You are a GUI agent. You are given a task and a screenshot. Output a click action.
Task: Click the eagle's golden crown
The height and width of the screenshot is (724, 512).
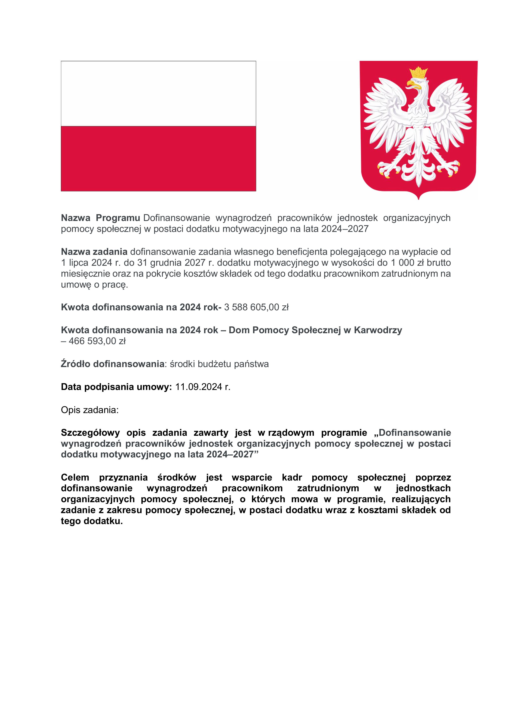point(419,73)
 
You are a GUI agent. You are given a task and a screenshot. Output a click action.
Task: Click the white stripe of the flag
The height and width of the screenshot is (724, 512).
point(158,94)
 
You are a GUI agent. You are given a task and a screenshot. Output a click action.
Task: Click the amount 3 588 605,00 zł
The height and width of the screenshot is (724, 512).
point(256,307)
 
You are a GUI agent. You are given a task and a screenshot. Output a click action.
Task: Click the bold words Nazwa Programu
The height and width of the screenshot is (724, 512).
point(100,218)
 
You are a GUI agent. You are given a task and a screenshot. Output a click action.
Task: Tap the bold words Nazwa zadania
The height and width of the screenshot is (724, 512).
point(94,252)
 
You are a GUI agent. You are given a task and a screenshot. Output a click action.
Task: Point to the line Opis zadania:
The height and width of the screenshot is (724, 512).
point(90,410)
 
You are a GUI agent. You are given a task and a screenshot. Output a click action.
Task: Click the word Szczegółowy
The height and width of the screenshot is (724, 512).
point(90,433)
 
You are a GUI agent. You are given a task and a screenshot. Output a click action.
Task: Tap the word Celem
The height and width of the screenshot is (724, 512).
point(75,477)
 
